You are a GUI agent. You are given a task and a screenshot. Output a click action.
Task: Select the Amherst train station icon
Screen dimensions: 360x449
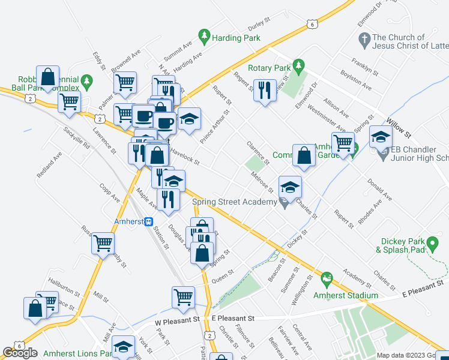147,221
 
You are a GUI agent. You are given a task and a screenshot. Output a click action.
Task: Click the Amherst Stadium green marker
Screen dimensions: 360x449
327,278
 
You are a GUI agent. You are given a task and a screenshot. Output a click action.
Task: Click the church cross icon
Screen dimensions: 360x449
363,41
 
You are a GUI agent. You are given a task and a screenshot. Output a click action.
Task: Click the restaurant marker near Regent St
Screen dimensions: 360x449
263,90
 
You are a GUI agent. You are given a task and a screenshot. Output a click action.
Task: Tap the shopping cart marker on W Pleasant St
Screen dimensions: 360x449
183,296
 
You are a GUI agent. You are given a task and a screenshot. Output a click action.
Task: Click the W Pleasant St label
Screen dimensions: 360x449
176,321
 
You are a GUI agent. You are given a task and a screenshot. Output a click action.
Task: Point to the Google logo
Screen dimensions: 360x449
20,353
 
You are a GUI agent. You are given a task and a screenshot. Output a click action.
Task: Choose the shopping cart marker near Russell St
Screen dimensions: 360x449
103,243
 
